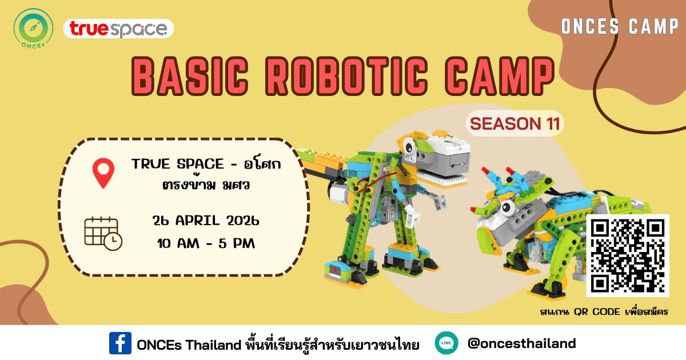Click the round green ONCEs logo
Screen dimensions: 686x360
[x=33, y=28]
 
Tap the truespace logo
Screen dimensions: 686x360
[x=118, y=29]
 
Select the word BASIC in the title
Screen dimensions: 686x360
[x=190, y=76]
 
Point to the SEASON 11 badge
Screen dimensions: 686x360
[x=515, y=123]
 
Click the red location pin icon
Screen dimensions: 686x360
[x=103, y=173]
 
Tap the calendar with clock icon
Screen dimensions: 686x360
[x=103, y=234]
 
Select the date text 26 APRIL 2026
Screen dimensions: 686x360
[x=206, y=221]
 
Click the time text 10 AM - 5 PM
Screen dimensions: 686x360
[x=206, y=243]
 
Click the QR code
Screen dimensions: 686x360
[x=628, y=256]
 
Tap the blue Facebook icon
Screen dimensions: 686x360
[x=121, y=343]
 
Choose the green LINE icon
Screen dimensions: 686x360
[x=446, y=343]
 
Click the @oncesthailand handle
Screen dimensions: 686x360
[x=521, y=343]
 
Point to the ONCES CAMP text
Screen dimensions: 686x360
[x=620, y=26]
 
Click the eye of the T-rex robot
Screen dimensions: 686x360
[x=409, y=146]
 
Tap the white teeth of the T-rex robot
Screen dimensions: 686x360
[x=441, y=178]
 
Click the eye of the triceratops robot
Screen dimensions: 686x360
[x=507, y=208]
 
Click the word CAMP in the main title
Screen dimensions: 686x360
[x=500, y=76]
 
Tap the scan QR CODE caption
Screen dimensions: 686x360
[x=604, y=311]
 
